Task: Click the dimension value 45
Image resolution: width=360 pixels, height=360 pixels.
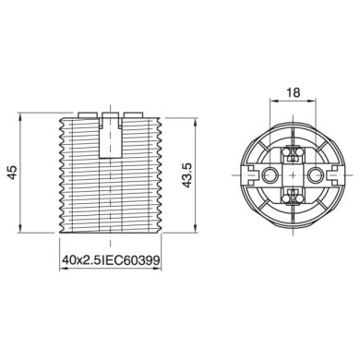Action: (x=13, y=174)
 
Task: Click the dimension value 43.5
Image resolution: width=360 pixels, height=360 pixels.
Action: (x=189, y=175)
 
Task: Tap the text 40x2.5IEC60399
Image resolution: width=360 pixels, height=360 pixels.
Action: (x=111, y=261)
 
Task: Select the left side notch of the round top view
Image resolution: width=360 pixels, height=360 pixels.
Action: (x=248, y=173)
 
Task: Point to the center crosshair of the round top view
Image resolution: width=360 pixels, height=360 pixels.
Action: (x=292, y=173)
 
